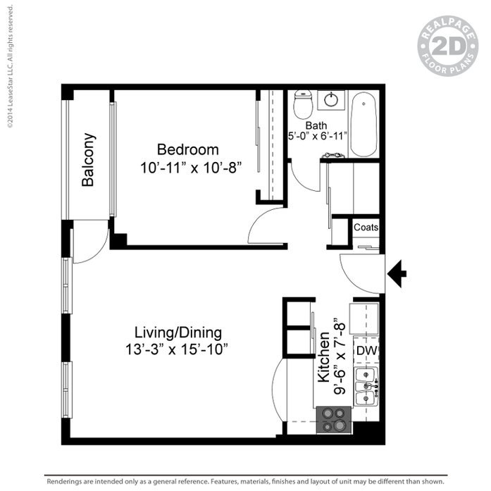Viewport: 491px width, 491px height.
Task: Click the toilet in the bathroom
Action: click(x=303, y=104)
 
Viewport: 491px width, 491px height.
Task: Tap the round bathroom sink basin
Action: click(x=331, y=100)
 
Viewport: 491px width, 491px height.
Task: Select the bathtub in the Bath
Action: click(x=363, y=124)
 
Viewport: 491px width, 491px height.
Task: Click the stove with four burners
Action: click(x=334, y=420)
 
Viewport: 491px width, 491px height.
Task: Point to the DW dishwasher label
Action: click(x=366, y=351)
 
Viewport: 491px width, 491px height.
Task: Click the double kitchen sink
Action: click(x=366, y=387)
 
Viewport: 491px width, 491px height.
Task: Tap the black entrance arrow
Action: click(x=397, y=274)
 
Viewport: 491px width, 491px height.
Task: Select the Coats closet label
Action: click(x=366, y=227)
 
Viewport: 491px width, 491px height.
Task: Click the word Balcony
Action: click(x=88, y=160)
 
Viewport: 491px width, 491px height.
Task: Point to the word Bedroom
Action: click(x=188, y=149)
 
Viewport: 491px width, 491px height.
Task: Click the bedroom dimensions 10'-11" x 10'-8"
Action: click(x=191, y=168)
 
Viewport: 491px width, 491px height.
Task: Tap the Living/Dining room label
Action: click(x=178, y=332)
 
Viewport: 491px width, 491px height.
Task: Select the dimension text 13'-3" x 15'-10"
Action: click(x=177, y=349)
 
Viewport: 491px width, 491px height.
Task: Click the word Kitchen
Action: click(x=324, y=357)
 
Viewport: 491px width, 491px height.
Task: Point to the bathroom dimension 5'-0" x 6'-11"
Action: click(x=318, y=136)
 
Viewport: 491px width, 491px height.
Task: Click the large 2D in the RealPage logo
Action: click(x=448, y=46)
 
